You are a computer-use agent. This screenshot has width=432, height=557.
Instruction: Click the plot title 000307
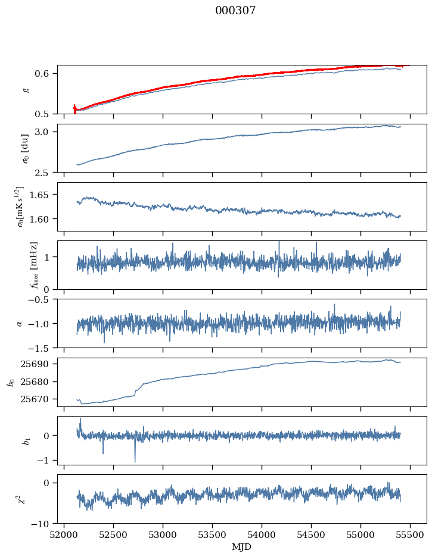(x=235, y=11)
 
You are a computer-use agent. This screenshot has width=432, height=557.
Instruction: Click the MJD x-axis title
(x=242, y=546)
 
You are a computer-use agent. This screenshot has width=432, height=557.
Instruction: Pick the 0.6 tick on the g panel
(x=47, y=74)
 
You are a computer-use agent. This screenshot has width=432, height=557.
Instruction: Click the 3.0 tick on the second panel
(x=47, y=132)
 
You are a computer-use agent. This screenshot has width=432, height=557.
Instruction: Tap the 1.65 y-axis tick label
(x=45, y=195)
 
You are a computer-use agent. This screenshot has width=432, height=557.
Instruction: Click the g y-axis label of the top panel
(x=25, y=89)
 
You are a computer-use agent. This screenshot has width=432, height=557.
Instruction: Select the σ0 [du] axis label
(x=25, y=148)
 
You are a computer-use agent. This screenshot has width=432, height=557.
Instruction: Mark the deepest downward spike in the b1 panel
(x=135, y=461)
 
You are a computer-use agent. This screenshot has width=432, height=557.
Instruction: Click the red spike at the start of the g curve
(x=74, y=108)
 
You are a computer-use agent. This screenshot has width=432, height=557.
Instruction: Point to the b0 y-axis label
(x=11, y=381)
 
